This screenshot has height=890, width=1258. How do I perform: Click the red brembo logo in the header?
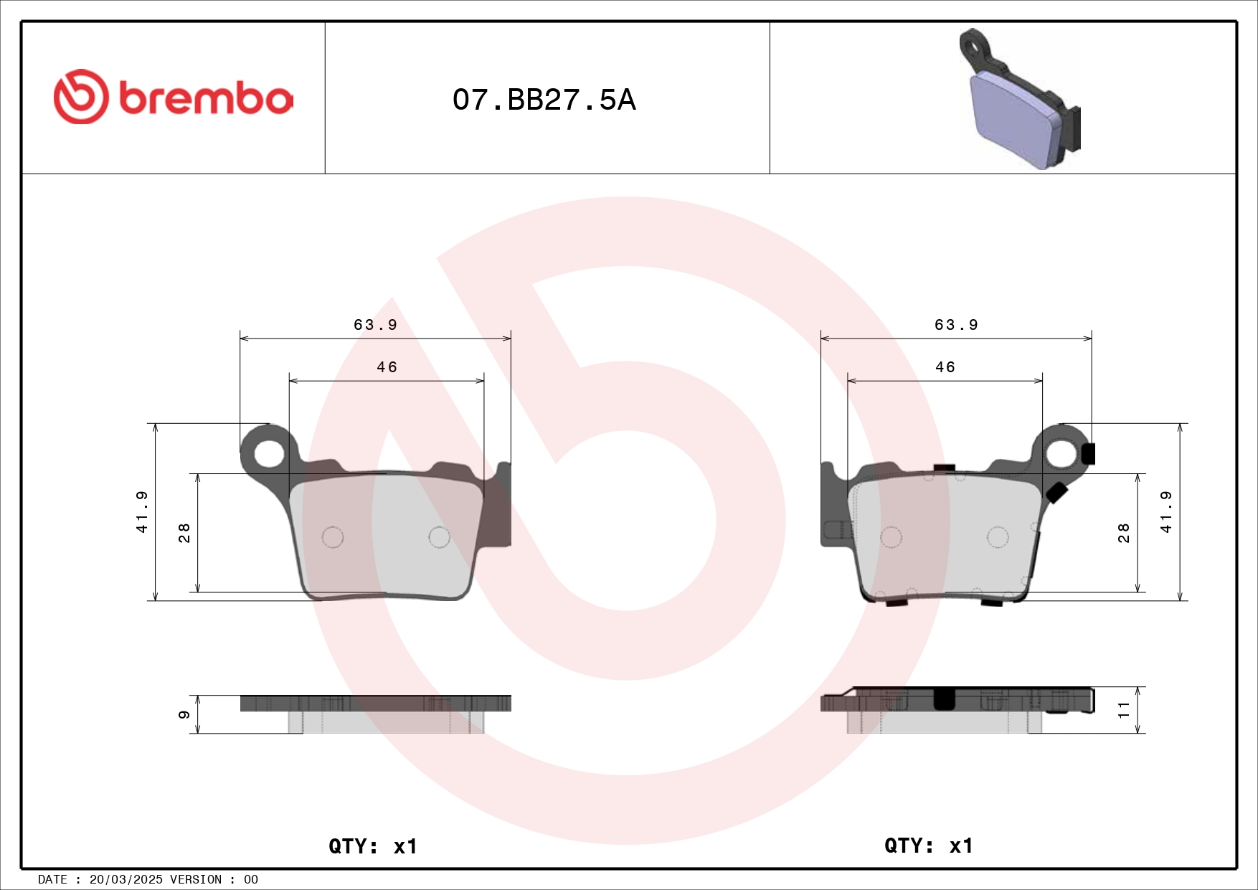tap(173, 97)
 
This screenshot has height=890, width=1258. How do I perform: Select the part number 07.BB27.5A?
tap(544, 100)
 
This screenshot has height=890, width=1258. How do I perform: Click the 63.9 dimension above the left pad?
tap(375, 325)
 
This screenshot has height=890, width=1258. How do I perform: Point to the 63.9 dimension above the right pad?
tap(956, 325)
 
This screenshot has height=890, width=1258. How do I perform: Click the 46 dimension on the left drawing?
tap(387, 367)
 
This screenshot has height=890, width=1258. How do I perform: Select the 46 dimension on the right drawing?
tap(945, 367)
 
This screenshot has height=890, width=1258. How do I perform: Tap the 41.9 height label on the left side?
tap(142, 511)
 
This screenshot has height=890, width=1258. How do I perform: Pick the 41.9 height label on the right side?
tap(1166, 511)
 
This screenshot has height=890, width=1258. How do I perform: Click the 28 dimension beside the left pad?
tap(184, 533)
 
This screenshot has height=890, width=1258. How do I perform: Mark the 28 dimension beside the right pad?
tap(1124, 533)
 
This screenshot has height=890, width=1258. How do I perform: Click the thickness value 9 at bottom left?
tap(184, 714)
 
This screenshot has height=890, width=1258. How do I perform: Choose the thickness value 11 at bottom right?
tap(1124, 710)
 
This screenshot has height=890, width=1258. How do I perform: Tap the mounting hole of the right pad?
tap(1061, 453)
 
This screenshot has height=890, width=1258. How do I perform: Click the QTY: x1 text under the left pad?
tap(372, 846)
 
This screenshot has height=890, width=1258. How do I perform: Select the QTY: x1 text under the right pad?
tap(928, 846)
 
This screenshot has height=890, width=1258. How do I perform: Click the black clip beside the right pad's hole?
tap(1088, 453)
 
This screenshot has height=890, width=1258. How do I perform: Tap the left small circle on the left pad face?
tap(333, 536)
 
